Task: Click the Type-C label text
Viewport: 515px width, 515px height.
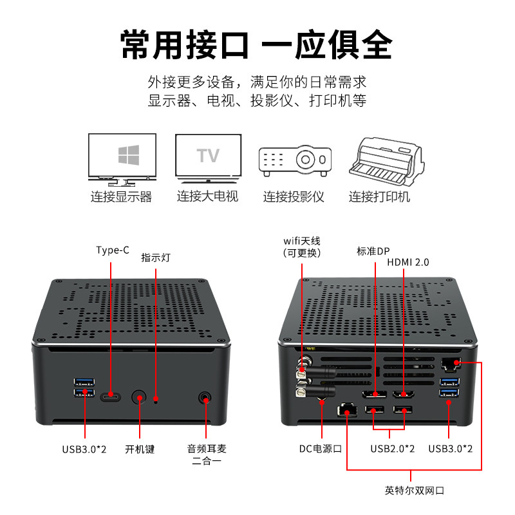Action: tap(112, 250)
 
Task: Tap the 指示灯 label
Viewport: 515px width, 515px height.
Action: tap(156, 257)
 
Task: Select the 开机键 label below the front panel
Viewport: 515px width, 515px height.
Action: tap(140, 449)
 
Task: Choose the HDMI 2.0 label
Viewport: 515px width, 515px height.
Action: tap(407, 262)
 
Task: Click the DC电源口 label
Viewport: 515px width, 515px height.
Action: tap(320, 448)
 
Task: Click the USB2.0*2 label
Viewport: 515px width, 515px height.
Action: tap(392, 448)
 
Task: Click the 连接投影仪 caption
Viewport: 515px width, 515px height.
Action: tap(294, 196)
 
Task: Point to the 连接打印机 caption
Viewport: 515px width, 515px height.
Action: tap(379, 196)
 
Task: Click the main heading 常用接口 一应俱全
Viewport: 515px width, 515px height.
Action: tap(256, 44)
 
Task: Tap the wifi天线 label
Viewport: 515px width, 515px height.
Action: tap(302, 247)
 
